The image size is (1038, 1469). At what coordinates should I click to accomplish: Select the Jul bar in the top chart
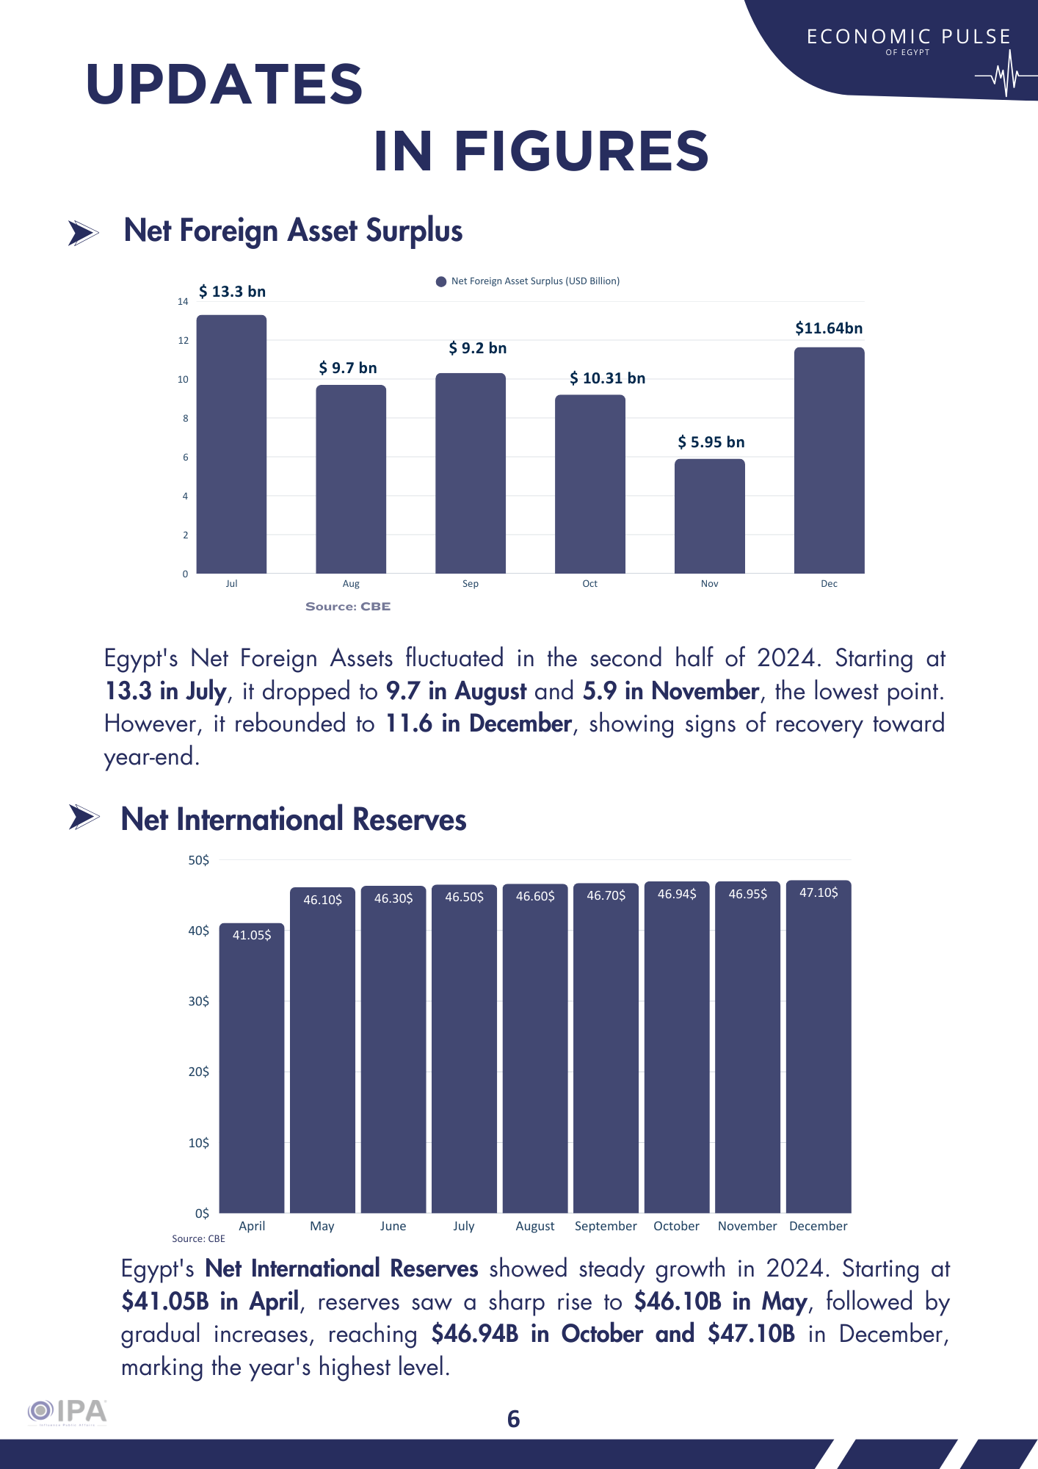[x=231, y=444]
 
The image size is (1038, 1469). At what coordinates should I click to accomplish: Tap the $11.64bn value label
[x=829, y=328]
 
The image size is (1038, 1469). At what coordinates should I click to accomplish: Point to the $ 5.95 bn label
[x=711, y=442]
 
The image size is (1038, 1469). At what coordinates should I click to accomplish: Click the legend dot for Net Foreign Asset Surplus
[x=441, y=281]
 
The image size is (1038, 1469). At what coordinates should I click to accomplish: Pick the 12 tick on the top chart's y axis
[x=183, y=340]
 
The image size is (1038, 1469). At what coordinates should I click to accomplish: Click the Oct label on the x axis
[x=589, y=584]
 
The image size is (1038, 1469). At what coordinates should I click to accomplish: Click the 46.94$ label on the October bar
[x=677, y=894]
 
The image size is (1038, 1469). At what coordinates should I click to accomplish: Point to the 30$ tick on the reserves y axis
[x=198, y=1001]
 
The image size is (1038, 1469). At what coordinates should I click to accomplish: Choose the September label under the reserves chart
[x=606, y=1226]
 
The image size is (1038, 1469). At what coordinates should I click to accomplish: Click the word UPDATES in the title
[x=225, y=84]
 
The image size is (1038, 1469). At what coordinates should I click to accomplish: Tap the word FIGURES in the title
[x=581, y=151]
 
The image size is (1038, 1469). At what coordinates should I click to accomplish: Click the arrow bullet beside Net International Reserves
[x=84, y=817]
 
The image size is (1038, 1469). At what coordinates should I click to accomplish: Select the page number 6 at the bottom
[x=514, y=1418]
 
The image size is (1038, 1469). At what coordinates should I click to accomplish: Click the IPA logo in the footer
[x=68, y=1412]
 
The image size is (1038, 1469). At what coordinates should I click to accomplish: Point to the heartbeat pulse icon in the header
[x=1004, y=76]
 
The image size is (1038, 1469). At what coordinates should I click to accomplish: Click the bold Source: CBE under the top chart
[x=348, y=607]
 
